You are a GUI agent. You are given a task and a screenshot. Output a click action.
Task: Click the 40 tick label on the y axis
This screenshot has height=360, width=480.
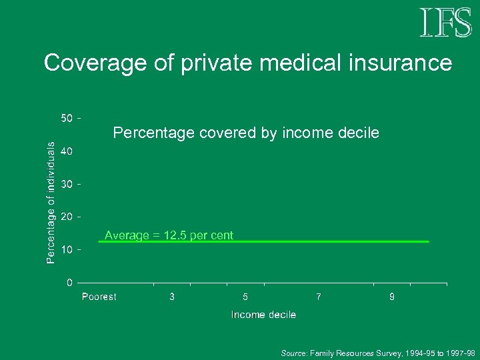coord(67,151)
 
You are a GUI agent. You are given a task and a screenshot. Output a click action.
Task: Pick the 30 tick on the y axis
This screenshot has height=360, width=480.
coord(67,184)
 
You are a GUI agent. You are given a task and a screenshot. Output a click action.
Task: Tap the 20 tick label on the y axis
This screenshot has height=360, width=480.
coord(67,217)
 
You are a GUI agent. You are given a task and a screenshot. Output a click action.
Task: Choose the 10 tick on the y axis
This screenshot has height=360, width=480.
coord(67,249)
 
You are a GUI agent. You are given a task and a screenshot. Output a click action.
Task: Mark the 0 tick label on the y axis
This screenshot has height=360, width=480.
coord(69,283)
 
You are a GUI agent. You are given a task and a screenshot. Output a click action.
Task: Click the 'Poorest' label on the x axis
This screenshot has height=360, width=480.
coord(99,297)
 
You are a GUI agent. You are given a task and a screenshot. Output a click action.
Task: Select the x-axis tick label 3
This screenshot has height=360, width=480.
coord(172,297)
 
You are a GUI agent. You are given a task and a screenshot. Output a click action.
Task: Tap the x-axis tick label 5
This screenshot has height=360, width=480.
coord(245,297)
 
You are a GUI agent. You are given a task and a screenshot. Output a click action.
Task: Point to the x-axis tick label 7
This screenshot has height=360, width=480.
coord(319,297)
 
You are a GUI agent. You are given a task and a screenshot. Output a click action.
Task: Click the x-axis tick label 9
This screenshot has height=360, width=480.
coord(392,297)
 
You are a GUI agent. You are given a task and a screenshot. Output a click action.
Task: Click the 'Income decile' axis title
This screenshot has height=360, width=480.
coord(263,315)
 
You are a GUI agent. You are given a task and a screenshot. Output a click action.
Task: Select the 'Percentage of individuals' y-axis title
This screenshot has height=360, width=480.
coord(51,201)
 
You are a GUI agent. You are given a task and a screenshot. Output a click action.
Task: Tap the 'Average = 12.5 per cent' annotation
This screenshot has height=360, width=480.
coord(169,235)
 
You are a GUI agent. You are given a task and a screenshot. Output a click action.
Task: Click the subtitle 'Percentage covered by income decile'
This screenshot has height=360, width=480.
coord(246,133)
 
